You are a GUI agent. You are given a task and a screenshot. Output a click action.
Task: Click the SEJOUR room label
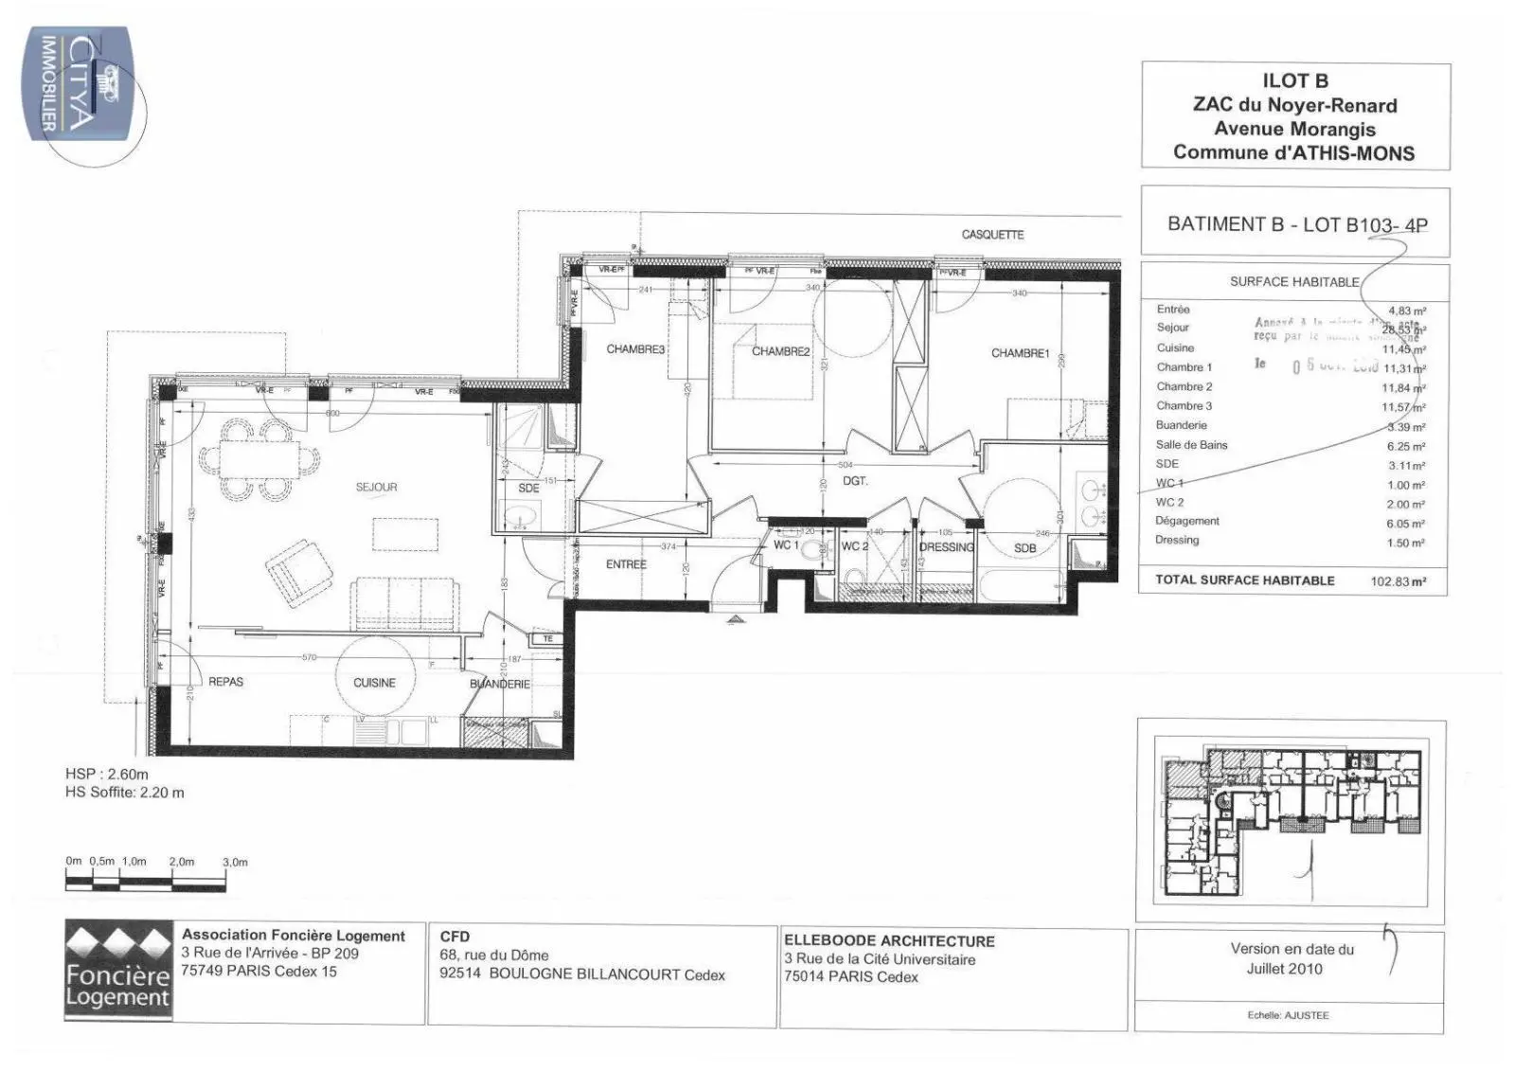pos(376,487)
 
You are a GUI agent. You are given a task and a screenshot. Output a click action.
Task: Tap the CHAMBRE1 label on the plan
pos(1020,353)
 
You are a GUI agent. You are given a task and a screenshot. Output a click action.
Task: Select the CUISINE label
pos(374,683)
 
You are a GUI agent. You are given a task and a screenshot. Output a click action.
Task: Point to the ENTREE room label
pos(626,564)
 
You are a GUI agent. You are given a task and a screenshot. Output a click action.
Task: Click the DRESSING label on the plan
pos(946,547)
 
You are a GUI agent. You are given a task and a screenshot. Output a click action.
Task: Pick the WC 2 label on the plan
pos(854,546)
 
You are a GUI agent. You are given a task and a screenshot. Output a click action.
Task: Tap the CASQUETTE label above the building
pos(992,235)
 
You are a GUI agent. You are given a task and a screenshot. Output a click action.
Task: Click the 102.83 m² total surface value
pos(1398,582)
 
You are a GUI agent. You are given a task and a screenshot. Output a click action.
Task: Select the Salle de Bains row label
pos(1191,444)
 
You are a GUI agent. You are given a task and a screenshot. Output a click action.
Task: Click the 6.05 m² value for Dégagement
pos(1405,524)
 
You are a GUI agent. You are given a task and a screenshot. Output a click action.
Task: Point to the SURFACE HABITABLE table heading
pos(1293,282)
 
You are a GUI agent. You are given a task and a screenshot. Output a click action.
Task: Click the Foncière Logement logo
pos(118,970)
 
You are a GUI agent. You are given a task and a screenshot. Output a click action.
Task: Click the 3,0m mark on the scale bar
pos(234,863)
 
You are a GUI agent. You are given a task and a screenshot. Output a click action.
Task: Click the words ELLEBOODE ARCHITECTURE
pos(889,941)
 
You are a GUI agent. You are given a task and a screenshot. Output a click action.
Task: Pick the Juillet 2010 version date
pos(1284,969)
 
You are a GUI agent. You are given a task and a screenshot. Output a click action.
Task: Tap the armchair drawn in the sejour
pos(297,570)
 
